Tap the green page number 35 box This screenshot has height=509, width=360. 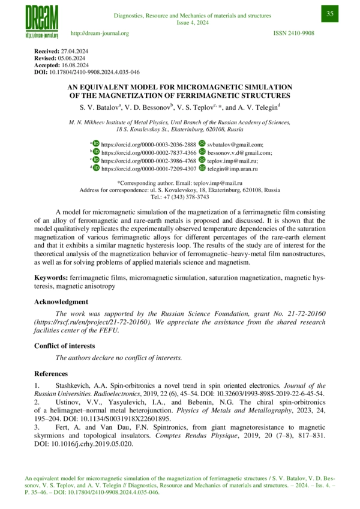[330, 14]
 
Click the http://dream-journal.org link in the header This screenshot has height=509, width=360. [100, 33]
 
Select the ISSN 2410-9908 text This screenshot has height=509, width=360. [293, 33]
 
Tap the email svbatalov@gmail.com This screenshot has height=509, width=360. [235, 145]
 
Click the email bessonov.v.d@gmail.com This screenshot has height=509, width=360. [239, 153]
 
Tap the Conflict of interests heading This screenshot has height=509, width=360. [67, 346]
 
